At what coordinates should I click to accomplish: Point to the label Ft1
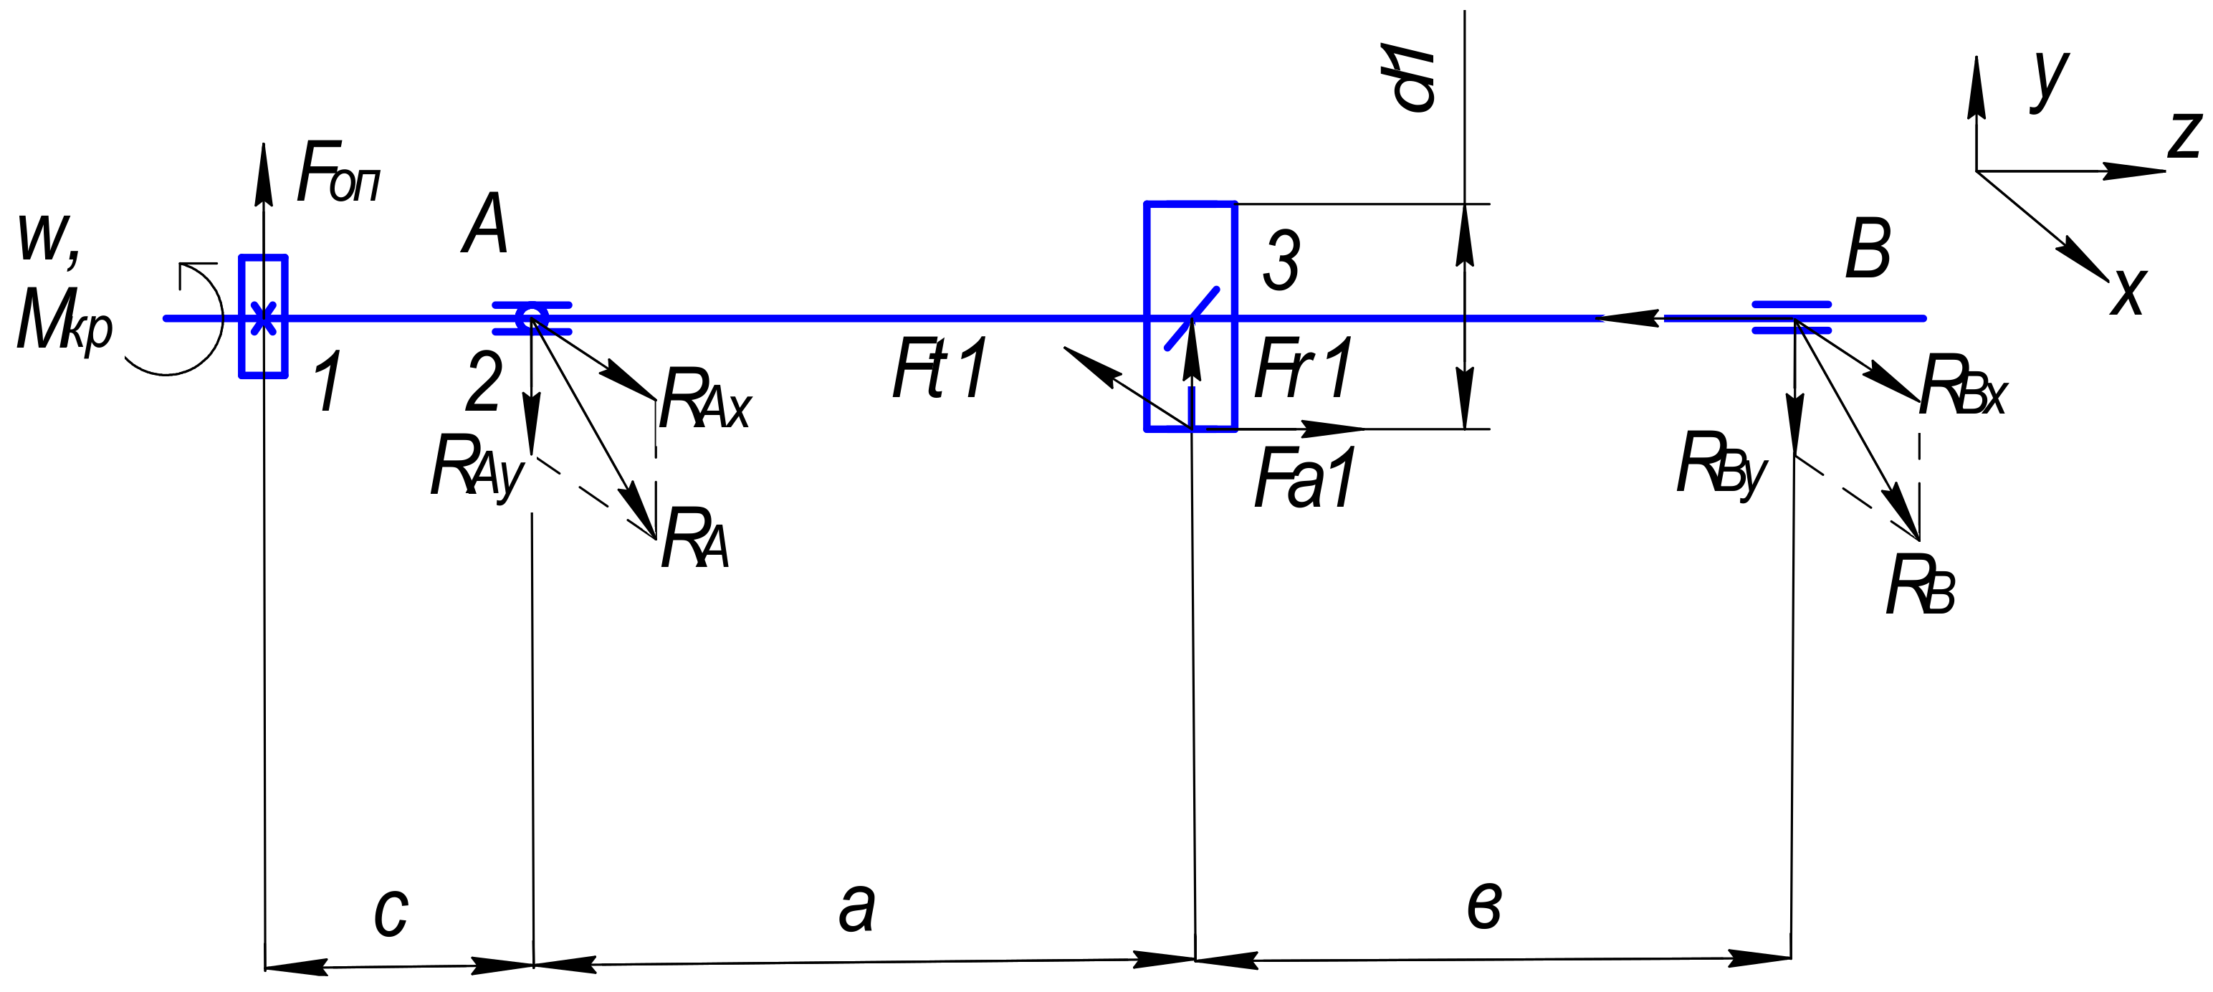[x=941, y=368]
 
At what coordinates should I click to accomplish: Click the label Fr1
[x=1304, y=368]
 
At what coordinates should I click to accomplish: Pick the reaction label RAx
[x=704, y=399]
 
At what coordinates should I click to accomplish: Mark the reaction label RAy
[x=476, y=467]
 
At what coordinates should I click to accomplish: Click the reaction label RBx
[x=1962, y=386]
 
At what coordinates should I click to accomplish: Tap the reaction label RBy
[x=1721, y=465]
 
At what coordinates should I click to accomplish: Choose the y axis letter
[x=2050, y=79]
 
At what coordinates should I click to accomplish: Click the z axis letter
[x=2184, y=135]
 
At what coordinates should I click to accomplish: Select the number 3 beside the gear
[x=1281, y=261]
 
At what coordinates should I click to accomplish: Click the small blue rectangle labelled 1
[x=263, y=316]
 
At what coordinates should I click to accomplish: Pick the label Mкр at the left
[x=64, y=320]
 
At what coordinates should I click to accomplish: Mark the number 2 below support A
[x=484, y=382]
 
